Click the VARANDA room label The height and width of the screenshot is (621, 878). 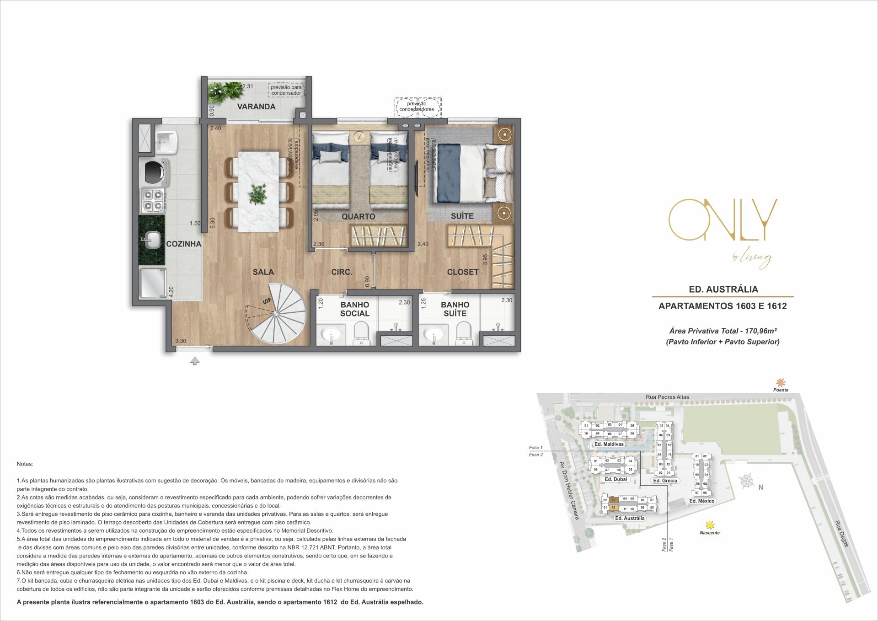256,107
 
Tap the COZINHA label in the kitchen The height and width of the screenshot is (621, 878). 183,244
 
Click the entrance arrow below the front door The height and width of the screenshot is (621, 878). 195,361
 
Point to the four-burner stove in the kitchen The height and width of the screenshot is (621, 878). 153,200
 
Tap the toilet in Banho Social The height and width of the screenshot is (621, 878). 361,332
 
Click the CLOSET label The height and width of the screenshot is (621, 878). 463,272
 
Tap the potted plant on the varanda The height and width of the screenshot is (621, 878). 225,91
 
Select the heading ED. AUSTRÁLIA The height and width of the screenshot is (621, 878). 723,289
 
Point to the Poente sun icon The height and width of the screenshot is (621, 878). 781,382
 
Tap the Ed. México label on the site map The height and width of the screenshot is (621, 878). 701,501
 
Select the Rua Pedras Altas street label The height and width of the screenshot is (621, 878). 667,397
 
